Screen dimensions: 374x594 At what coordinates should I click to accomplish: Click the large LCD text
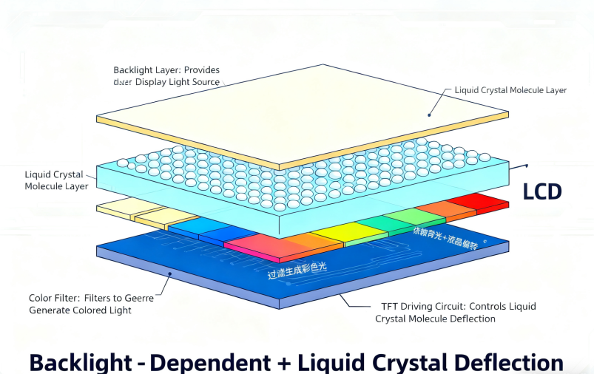[542, 192]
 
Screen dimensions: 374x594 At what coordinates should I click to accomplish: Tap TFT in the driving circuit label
[391, 306]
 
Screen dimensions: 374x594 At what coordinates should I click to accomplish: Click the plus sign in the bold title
[283, 363]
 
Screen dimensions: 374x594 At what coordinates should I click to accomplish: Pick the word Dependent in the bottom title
[210, 362]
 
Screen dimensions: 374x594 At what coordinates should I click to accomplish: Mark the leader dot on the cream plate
[428, 115]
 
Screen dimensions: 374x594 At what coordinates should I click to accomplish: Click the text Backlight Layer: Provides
[166, 70]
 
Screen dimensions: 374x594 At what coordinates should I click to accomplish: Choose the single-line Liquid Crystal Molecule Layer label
[510, 90]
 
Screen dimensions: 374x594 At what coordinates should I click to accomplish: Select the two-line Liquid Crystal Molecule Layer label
[56, 180]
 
